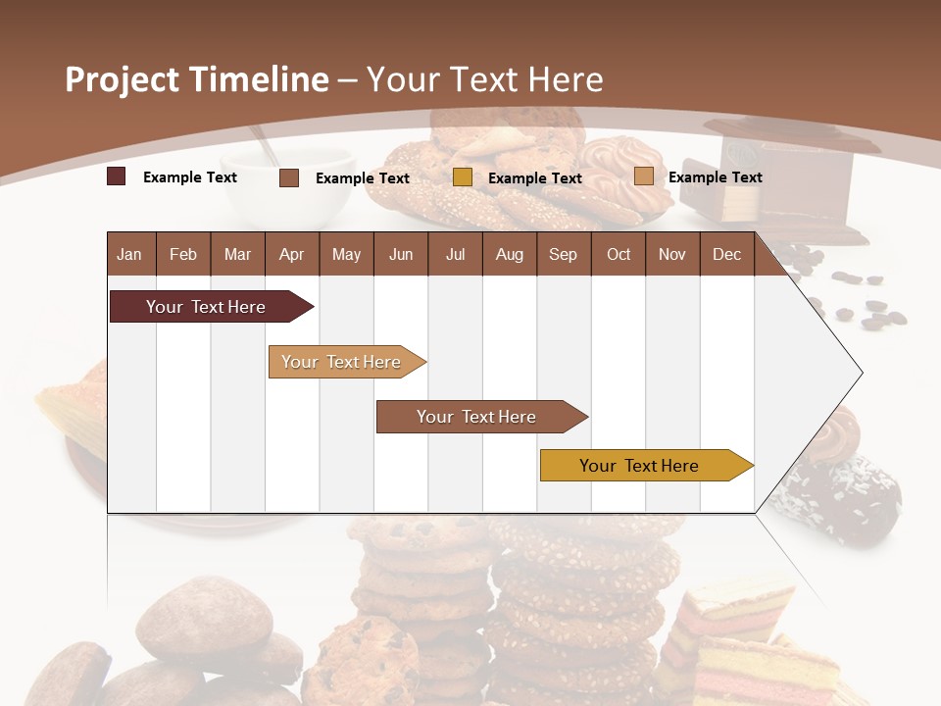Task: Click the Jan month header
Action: point(129,254)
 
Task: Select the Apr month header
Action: point(291,254)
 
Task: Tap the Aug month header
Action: point(509,254)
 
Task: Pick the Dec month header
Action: point(726,254)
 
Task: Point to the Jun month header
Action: point(400,254)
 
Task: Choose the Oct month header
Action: point(618,254)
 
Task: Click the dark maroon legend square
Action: point(117,176)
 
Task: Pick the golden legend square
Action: point(463,177)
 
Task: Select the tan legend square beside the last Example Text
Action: point(643,176)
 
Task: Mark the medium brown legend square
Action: point(289,177)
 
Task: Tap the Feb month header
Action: point(183,254)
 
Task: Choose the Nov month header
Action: point(671,254)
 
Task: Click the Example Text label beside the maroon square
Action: point(190,177)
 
